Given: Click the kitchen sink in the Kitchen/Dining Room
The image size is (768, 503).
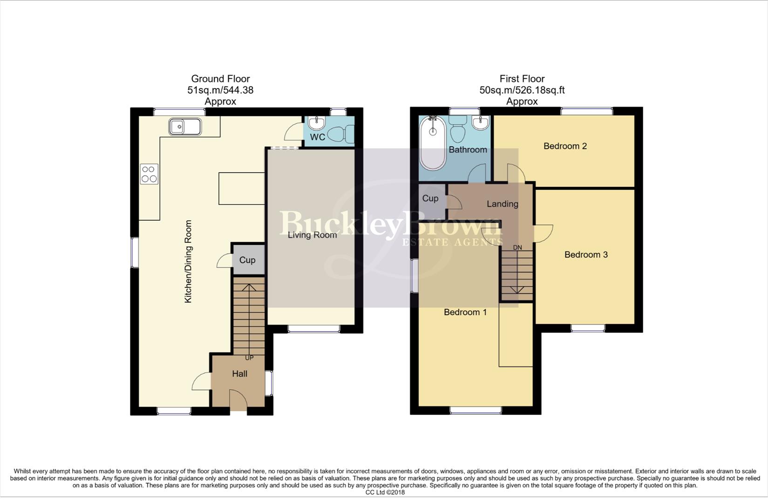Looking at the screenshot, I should (185, 127).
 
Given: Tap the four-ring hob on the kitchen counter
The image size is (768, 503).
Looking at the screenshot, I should (149, 174).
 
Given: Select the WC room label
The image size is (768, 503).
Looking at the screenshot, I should (317, 137).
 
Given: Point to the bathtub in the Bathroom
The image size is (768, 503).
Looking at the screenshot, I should (433, 143).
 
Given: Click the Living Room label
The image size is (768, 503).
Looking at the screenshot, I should (312, 235).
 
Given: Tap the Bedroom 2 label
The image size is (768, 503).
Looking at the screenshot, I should (565, 146).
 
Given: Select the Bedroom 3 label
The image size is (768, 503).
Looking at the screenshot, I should (586, 255).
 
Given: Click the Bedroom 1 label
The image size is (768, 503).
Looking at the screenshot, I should (465, 313).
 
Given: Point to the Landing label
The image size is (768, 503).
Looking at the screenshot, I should (502, 204).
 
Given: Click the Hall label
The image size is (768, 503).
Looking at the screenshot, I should (239, 374).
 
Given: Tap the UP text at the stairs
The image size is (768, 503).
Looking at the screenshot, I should (249, 358).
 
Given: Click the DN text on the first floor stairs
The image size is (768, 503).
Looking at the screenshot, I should (517, 248).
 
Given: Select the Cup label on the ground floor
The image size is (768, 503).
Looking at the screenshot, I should (247, 260).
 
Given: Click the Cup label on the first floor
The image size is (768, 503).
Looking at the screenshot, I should (430, 198).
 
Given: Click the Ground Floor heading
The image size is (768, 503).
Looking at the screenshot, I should (220, 79).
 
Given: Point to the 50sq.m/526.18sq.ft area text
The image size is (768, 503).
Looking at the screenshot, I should (522, 90).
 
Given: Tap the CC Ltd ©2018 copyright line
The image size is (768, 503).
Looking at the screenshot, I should (385, 492).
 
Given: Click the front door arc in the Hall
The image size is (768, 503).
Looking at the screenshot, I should (238, 400).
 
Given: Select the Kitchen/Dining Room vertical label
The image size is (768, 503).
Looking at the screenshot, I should (188, 262).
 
